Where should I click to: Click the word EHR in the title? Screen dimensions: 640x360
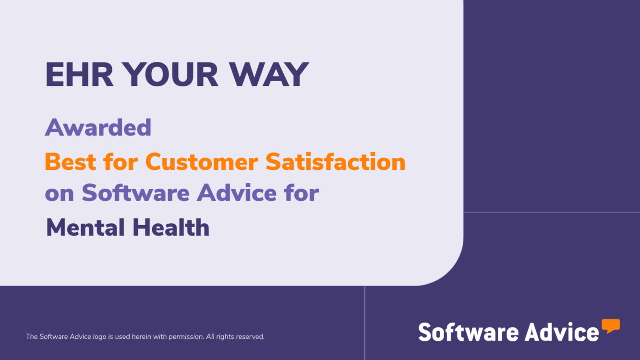pos(79,74)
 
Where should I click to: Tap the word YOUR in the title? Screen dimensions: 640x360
pos(171,74)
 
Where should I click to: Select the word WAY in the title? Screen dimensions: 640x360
pos(269,74)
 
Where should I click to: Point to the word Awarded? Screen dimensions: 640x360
pos(98,127)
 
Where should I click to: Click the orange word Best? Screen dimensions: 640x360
pos(70,162)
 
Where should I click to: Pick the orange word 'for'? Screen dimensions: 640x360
pos(121,161)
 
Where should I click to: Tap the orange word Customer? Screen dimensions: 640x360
pos(202,162)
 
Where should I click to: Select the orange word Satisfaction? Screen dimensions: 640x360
pos(336,161)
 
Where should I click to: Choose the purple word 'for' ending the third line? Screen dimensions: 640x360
pos(302,192)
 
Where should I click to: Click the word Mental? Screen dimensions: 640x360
pos(85,228)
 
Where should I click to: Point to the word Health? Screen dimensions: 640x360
pos(171,228)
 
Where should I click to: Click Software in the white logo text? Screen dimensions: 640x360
pos(468,332)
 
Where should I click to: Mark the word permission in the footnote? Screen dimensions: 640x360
pos(186,337)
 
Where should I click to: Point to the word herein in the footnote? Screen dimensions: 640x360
pos(142,336)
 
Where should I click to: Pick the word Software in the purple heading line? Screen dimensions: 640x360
pos(135,192)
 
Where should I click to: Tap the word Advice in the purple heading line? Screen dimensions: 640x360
pos(237,192)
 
